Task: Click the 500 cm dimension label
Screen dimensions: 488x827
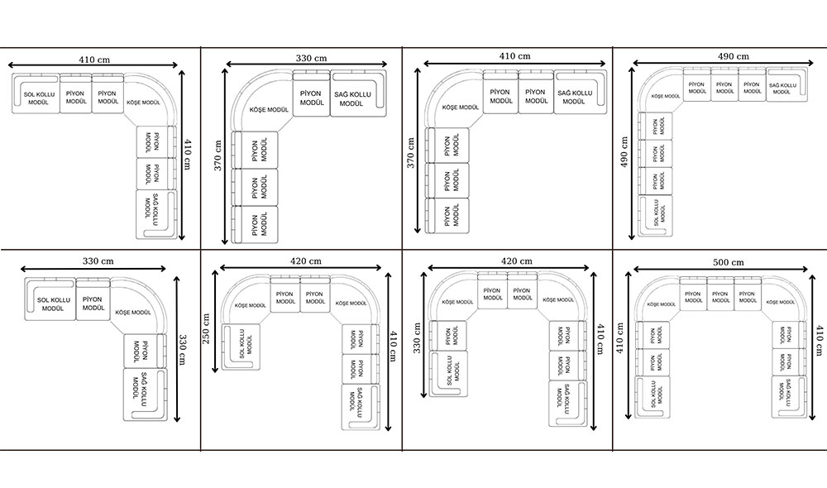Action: (727, 262)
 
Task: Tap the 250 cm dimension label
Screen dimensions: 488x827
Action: (208, 328)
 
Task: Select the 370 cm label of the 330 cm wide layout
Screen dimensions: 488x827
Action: (218, 153)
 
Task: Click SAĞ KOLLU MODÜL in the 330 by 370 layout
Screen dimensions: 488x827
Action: (353, 99)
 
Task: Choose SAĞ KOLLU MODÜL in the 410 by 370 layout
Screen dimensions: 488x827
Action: (574, 97)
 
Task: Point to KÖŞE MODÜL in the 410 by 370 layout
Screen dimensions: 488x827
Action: (461, 107)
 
